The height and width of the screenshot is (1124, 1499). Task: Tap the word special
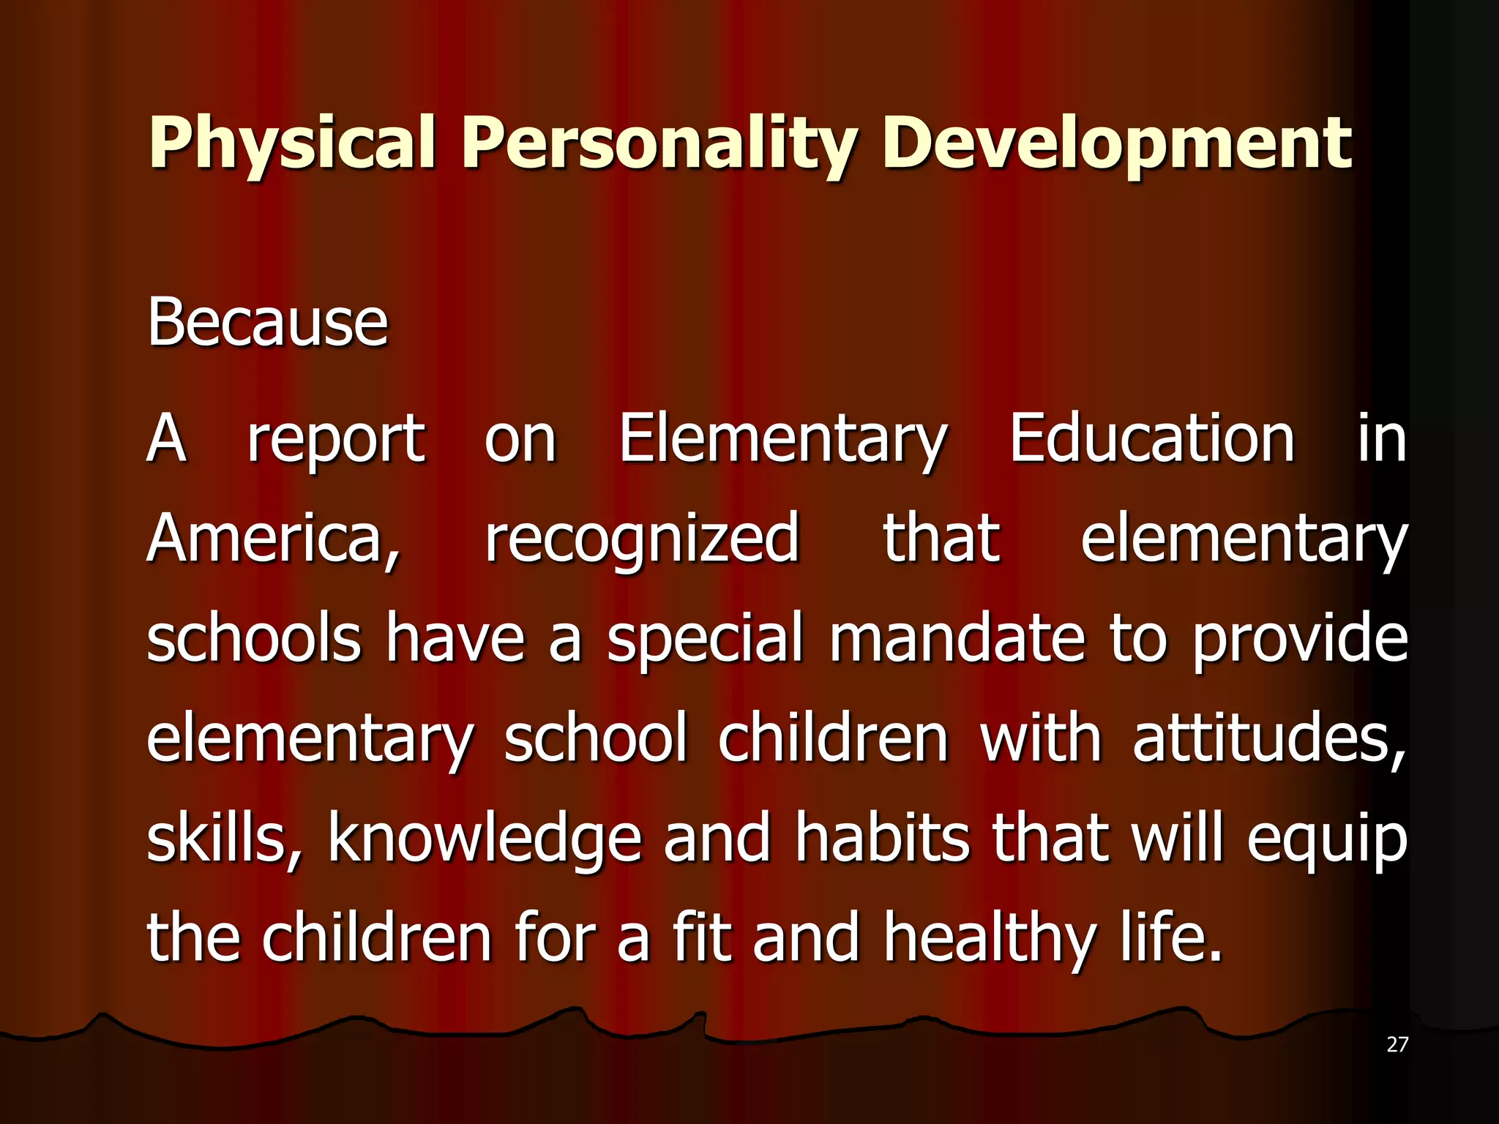[705, 639]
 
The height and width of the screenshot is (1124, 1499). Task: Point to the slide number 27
[1397, 1044]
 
